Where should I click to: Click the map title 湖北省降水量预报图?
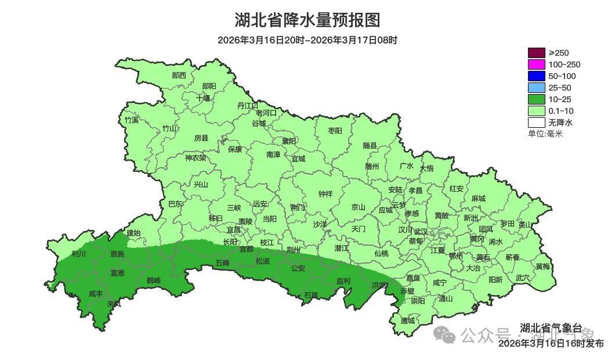click(307, 20)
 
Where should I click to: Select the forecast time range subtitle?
click(307, 40)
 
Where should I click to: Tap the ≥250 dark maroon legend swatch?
click(536, 53)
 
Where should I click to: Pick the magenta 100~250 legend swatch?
click(536, 64)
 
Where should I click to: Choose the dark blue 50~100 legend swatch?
click(536, 76)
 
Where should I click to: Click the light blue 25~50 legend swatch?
click(536, 88)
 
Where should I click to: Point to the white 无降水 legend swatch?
click(536, 123)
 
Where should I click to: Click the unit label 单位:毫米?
click(545, 134)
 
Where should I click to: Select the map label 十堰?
click(203, 98)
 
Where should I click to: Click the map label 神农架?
click(196, 157)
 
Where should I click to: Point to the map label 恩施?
click(117, 254)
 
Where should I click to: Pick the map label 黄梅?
click(543, 267)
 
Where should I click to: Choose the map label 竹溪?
click(132, 120)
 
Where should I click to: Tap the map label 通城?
click(408, 321)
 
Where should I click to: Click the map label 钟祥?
click(325, 194)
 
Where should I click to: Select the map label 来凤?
click(114, 304)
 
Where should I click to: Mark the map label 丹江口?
click(248, 106)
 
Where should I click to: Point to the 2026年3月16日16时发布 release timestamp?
click(551, 344)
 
